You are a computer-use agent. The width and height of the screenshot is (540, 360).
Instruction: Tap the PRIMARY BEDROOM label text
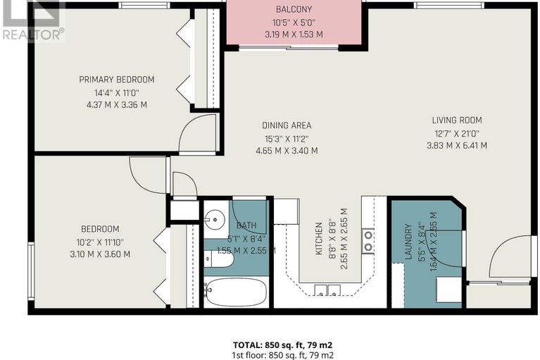[116, 80]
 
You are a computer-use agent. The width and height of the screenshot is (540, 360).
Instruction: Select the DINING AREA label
[286, 126]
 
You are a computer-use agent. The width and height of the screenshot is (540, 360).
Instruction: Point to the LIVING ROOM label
[457, 120]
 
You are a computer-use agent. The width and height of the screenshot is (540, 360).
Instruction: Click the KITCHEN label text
[318, 240]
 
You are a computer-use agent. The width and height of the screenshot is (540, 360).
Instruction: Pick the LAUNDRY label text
[408, 242]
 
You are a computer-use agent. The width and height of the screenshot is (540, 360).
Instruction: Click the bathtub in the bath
[235, 291]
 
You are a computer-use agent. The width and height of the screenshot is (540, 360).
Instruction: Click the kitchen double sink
[325, 289]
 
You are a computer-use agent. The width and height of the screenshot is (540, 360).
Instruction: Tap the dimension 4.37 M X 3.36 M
[116, 105]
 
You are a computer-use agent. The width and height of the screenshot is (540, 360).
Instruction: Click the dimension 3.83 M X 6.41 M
[457, 146]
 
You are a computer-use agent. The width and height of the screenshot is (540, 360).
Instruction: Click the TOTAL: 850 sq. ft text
[282, 345]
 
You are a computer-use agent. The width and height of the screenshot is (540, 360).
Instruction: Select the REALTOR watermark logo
[32, 22]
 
